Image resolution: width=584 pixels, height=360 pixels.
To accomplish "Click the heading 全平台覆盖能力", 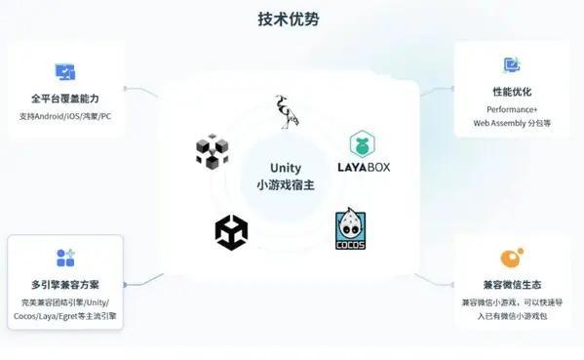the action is pyautogui.click(x=65, y=99).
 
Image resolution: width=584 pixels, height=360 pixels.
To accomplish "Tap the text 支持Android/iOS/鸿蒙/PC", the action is pyautogui.click(x=65, y=116).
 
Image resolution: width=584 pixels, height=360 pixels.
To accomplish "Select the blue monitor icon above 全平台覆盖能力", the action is pyautogui.click(x=65, y=72).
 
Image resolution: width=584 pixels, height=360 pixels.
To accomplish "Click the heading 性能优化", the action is pyautogui.click(x=512, y=91).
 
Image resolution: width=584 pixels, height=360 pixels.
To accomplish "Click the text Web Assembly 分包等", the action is pyautogui.click(x=512, y=124).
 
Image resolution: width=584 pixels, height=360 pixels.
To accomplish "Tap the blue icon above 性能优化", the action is pyautogui.click(x=512, y=65).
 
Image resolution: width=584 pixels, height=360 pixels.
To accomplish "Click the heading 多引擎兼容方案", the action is pyautogui.click(x=65, y=285).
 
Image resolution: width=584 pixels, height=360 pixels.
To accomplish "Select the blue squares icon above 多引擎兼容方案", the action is pyautogui.click(x=65, y=259).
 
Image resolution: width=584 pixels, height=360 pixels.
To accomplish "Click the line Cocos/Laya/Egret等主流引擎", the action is pyautogui.click(x=65, y=317).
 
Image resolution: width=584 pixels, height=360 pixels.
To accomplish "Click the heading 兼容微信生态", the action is pyautogui.click(x=512, y=285).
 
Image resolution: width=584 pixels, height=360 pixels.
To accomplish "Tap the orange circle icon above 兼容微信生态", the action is pyautogui.click(x=511, y=258).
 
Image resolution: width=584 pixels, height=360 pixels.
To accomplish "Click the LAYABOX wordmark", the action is pyautogui.click(x=370, y=167).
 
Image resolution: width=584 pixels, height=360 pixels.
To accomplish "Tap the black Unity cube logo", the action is pyautogui.click(x=231, y=232).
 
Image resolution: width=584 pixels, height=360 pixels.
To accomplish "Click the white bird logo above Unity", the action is pyautogui.click(x=286, y=112).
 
